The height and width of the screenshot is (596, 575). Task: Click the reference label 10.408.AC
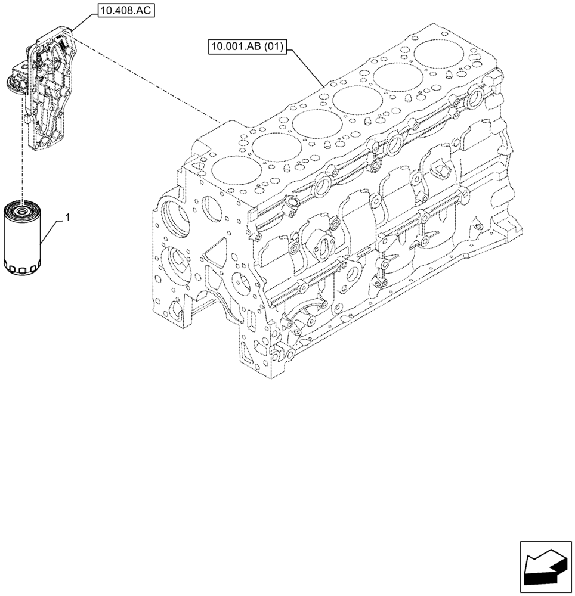(123, 10)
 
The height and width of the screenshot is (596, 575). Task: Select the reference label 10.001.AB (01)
(248, 45)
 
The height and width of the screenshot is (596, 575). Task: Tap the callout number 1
(67, 218)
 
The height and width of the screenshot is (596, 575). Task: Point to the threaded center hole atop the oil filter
(21, 210)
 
